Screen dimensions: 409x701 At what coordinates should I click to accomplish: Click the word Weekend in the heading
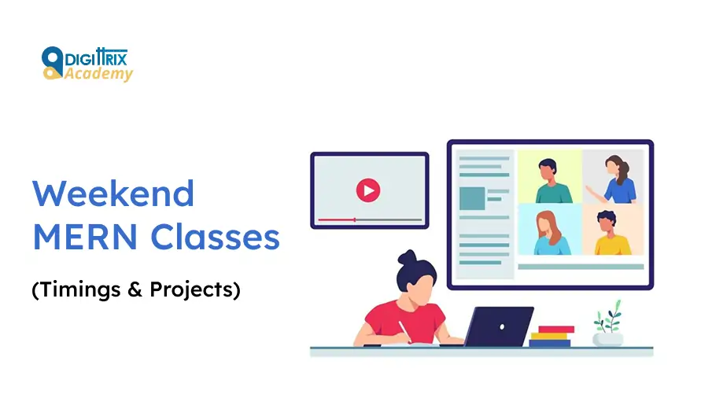[113, 193]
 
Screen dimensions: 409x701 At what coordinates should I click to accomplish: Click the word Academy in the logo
[99, 74]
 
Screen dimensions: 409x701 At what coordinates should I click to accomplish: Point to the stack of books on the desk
[552, 337]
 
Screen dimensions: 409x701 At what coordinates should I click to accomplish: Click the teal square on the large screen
[472, 198]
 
